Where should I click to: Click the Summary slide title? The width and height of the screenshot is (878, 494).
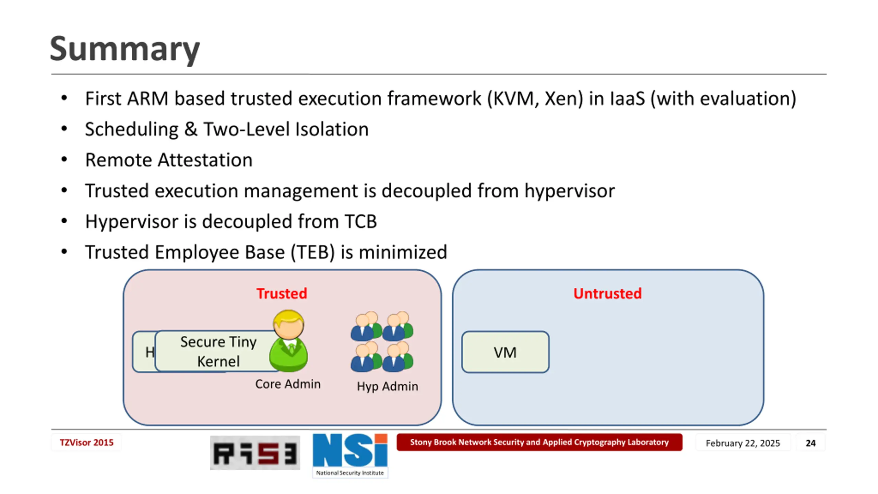[125, 49]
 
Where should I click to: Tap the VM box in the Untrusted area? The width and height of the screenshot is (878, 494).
[505, 352]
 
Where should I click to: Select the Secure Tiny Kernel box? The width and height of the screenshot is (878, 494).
[218, 351]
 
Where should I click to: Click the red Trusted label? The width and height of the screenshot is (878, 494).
[282, 294]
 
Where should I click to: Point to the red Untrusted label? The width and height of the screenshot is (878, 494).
[607, 294]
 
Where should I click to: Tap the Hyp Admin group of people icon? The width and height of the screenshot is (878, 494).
[382, 342]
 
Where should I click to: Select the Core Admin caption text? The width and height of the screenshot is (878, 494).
[288, 384]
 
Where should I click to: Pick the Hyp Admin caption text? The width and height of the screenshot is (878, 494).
[387, 386]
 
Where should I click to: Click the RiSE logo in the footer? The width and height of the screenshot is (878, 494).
[255, 453]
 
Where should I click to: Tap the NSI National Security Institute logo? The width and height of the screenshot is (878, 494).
[350, 455]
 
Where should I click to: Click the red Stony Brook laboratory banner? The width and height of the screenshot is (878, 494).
[539, 442]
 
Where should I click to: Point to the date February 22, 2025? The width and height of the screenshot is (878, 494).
[743, 443]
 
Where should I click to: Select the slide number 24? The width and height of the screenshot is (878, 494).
[810, 443]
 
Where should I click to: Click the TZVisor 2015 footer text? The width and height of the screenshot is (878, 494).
[86, 443]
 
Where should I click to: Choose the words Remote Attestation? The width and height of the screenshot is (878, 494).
[169, 160]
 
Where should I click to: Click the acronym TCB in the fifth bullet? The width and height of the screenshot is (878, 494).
[360, 221]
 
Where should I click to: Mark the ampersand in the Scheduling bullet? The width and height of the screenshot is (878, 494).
[191, 129]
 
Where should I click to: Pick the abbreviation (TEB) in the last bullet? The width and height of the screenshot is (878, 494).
[312, 252]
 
